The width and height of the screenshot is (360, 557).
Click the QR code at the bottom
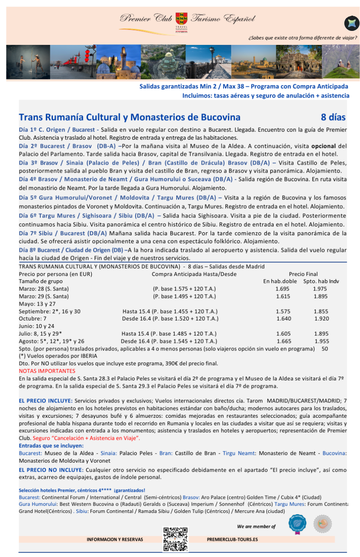coord(175,539)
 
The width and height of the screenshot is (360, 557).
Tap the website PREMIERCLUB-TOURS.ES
coord(232,540)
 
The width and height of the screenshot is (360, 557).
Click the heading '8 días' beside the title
coord(333,117)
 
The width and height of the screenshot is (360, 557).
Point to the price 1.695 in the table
coord(283,289)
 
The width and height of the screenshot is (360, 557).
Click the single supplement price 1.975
coord(320,289)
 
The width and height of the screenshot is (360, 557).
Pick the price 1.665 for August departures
coord(284,341)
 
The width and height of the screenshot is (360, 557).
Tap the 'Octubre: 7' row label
coord(33,318)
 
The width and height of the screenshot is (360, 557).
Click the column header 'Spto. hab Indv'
coord(321,281)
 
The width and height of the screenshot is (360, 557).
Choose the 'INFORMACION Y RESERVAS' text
coord(115,540)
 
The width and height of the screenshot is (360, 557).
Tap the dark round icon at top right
coord(351,23)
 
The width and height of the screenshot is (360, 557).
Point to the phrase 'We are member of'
coord(256,527)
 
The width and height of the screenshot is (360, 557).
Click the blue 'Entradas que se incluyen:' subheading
coord(51,446)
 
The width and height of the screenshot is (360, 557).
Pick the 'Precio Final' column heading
coord(303,274)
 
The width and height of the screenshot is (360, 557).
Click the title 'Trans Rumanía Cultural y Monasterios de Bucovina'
coord(130,117)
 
